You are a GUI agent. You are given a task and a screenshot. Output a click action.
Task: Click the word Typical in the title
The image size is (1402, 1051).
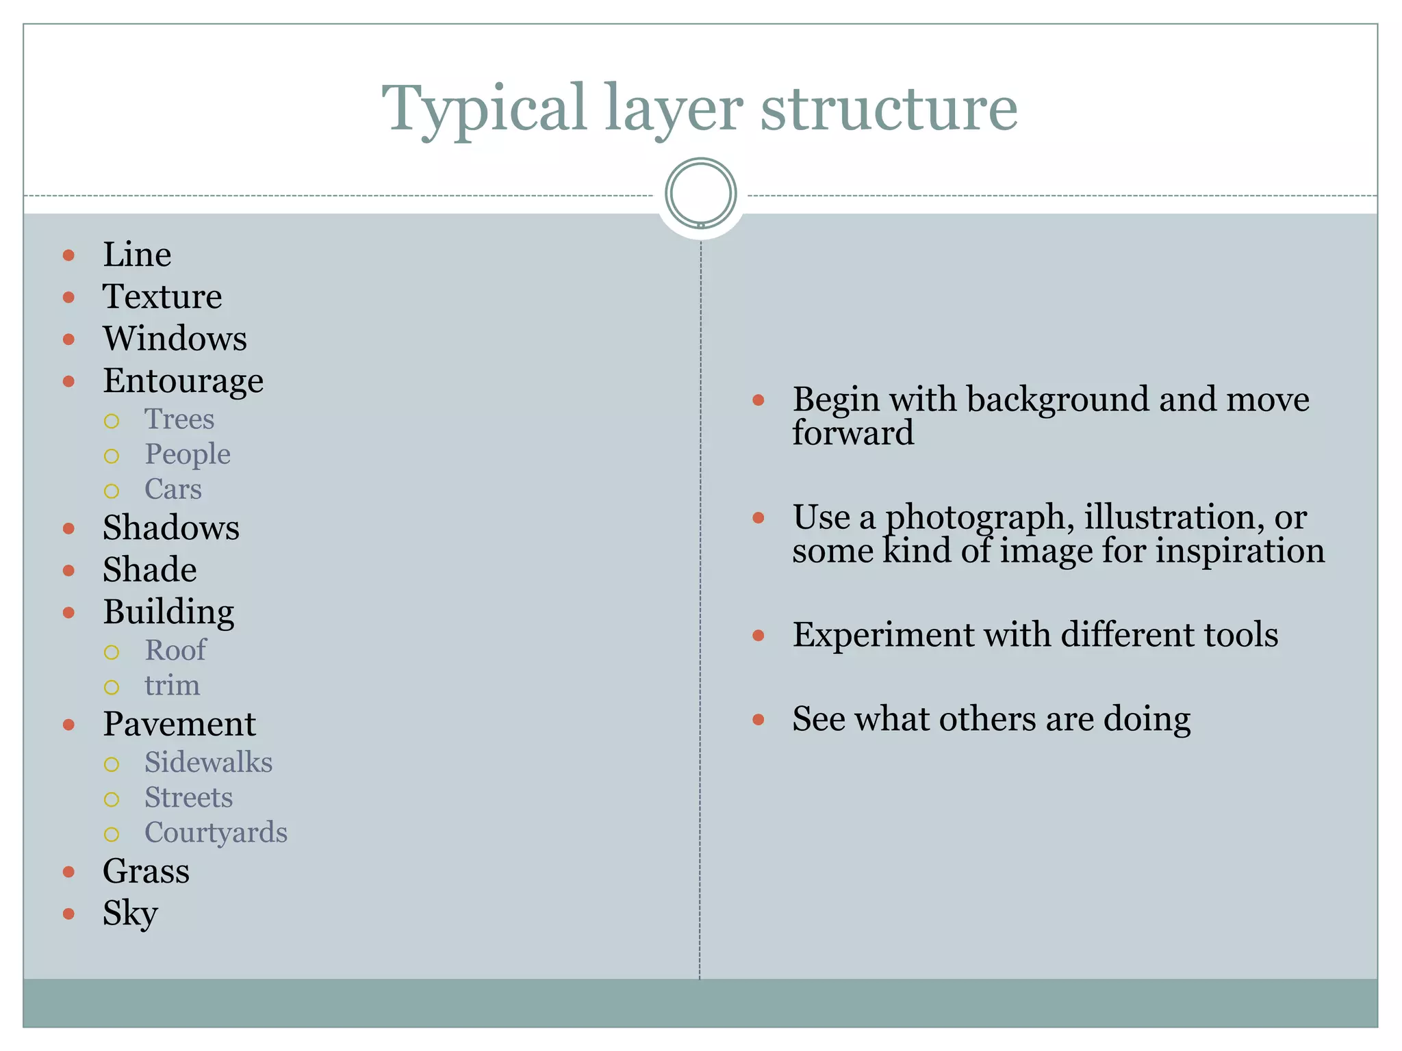click(483, 109)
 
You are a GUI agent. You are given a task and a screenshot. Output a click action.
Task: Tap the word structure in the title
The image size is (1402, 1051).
click(889, 109)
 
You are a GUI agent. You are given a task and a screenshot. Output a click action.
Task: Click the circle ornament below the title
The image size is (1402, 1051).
click(700, 193)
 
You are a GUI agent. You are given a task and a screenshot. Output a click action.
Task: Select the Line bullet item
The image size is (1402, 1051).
click(137, 255)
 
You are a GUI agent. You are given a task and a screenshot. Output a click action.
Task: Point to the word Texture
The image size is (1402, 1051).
click(162, 297)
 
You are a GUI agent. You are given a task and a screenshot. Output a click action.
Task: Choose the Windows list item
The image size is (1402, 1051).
click(175, 339)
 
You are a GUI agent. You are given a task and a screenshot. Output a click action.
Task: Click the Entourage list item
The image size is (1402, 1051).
click(183, 381)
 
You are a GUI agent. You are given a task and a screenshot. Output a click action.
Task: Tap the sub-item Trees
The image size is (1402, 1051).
click(179, 419)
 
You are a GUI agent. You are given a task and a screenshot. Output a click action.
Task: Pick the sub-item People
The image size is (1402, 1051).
click(187, 454)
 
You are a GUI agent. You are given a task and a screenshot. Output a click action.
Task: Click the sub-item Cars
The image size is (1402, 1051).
click(173, 489)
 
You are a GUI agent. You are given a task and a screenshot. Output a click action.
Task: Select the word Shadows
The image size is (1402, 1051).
click(171, 528)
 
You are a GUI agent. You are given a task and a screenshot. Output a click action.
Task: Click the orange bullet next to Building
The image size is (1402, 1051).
click(68, 612)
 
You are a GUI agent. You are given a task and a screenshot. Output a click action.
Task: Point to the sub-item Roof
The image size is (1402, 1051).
click(175, 651)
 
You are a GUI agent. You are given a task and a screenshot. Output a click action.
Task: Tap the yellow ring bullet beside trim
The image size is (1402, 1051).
click(112, 687)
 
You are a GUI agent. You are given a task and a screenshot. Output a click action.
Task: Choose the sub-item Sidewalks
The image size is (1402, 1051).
click(208, 762)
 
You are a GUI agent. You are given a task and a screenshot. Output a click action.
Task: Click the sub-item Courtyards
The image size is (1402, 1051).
click(216, 833)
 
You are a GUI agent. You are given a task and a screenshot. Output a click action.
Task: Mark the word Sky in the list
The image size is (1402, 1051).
click(130, 913)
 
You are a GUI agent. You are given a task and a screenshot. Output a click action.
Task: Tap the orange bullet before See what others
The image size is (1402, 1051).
click(758, 719)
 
